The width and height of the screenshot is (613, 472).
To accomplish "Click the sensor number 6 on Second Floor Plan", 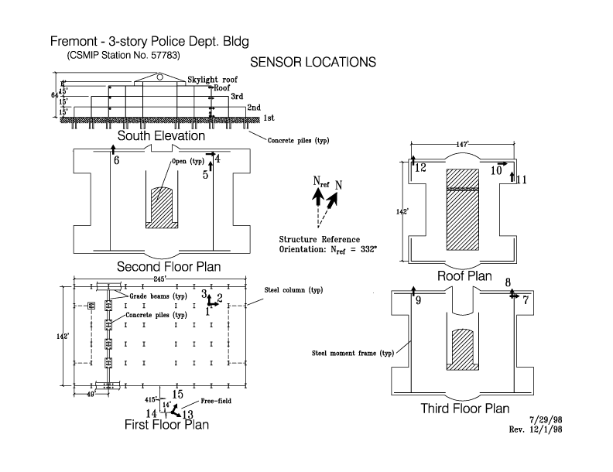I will [x=117, y=161].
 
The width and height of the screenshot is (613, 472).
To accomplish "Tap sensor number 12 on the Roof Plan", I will [x=420, y=167].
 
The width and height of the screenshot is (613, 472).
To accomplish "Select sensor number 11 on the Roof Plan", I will [x=522, y=180].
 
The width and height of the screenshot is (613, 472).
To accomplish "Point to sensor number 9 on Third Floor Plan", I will [x=419, y=300].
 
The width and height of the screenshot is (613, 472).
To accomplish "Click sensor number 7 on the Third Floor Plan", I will [x=526, y=300].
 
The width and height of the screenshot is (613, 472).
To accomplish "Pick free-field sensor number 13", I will [x=187, y=415].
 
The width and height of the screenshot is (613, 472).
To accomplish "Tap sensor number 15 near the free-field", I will [x=177, y=395].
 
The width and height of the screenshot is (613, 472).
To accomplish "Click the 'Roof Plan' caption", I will [x=464, y=276].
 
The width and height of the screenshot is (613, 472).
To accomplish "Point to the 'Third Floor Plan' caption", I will [x=464, y=409].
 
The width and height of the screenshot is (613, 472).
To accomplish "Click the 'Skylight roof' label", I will [x=213, y=80].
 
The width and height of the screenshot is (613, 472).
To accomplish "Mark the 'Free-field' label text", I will [x=216, y=402].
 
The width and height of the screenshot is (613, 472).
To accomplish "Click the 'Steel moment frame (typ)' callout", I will [x=344, y=354].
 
